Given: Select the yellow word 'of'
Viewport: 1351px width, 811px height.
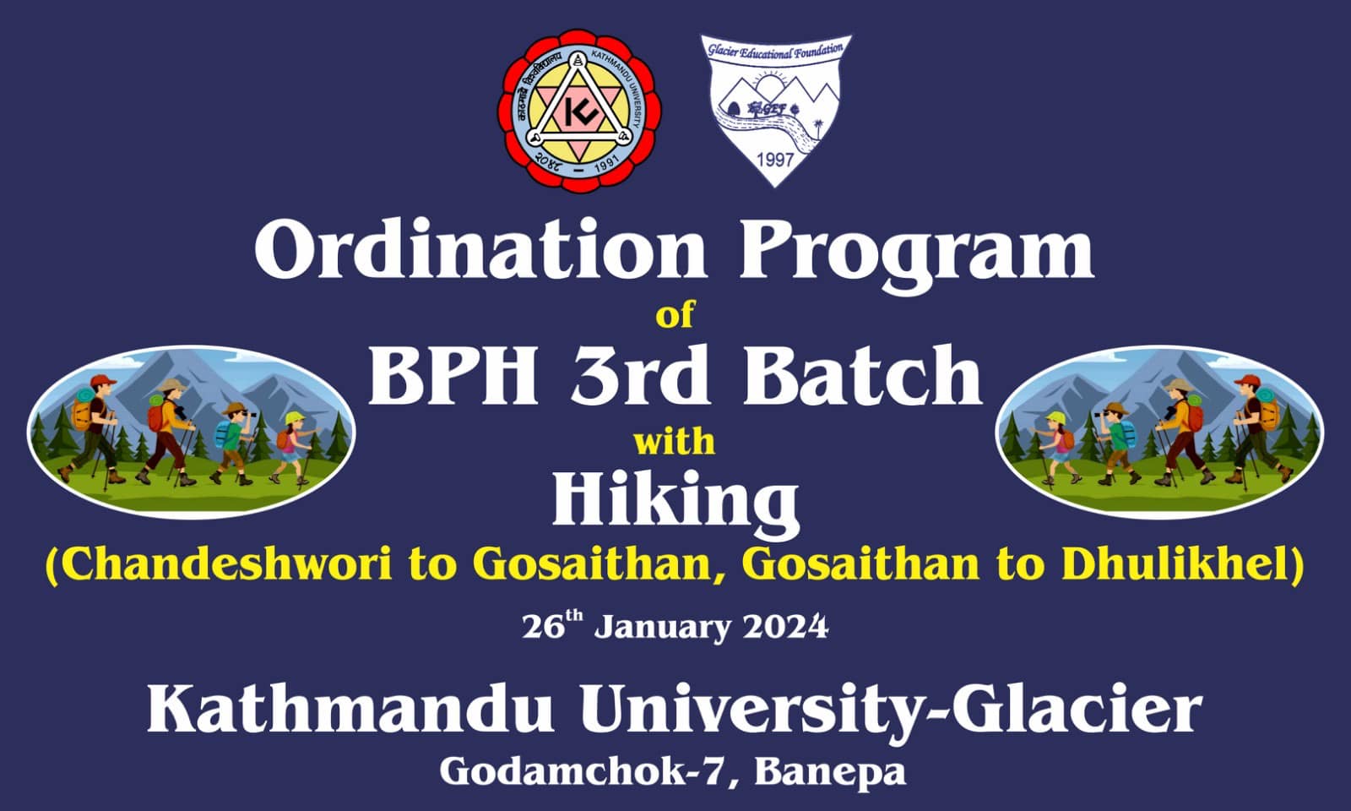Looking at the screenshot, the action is click(x=675, y=315).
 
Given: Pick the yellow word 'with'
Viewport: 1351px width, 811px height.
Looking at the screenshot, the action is click(x=675, y=442).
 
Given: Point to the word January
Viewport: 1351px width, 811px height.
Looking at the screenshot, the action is click(x=662, y=629).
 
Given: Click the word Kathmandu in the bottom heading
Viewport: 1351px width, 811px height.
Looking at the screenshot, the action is click(x=350, y=710).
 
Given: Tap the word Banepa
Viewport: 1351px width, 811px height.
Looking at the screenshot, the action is click(x=830, y=772).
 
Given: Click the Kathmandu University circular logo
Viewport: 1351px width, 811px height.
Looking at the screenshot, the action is click(x=579, y=111).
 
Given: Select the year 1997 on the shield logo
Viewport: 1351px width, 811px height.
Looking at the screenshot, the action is click(x=775, y=160).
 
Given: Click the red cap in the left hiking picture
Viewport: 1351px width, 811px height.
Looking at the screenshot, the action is click(x=104, y=380).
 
